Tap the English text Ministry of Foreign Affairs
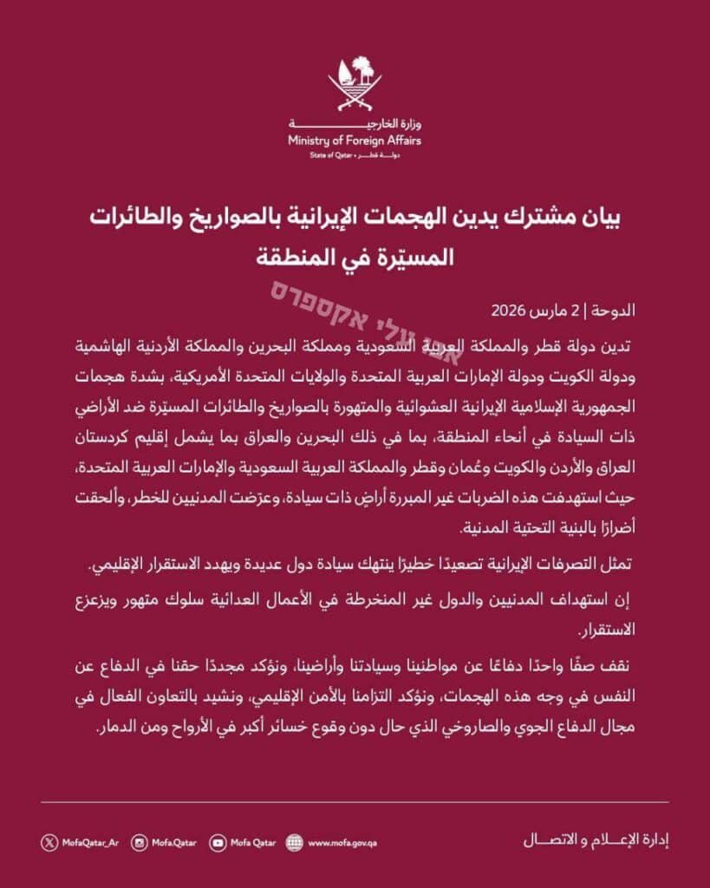click(x=355, y=140)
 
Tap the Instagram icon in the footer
click(x=139, y=841)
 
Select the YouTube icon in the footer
click(x=217, y=841)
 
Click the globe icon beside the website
click(x=295, y=841)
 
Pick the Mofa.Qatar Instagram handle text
click(x=174, y=841)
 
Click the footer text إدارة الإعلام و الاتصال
click(x=599, y=840)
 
